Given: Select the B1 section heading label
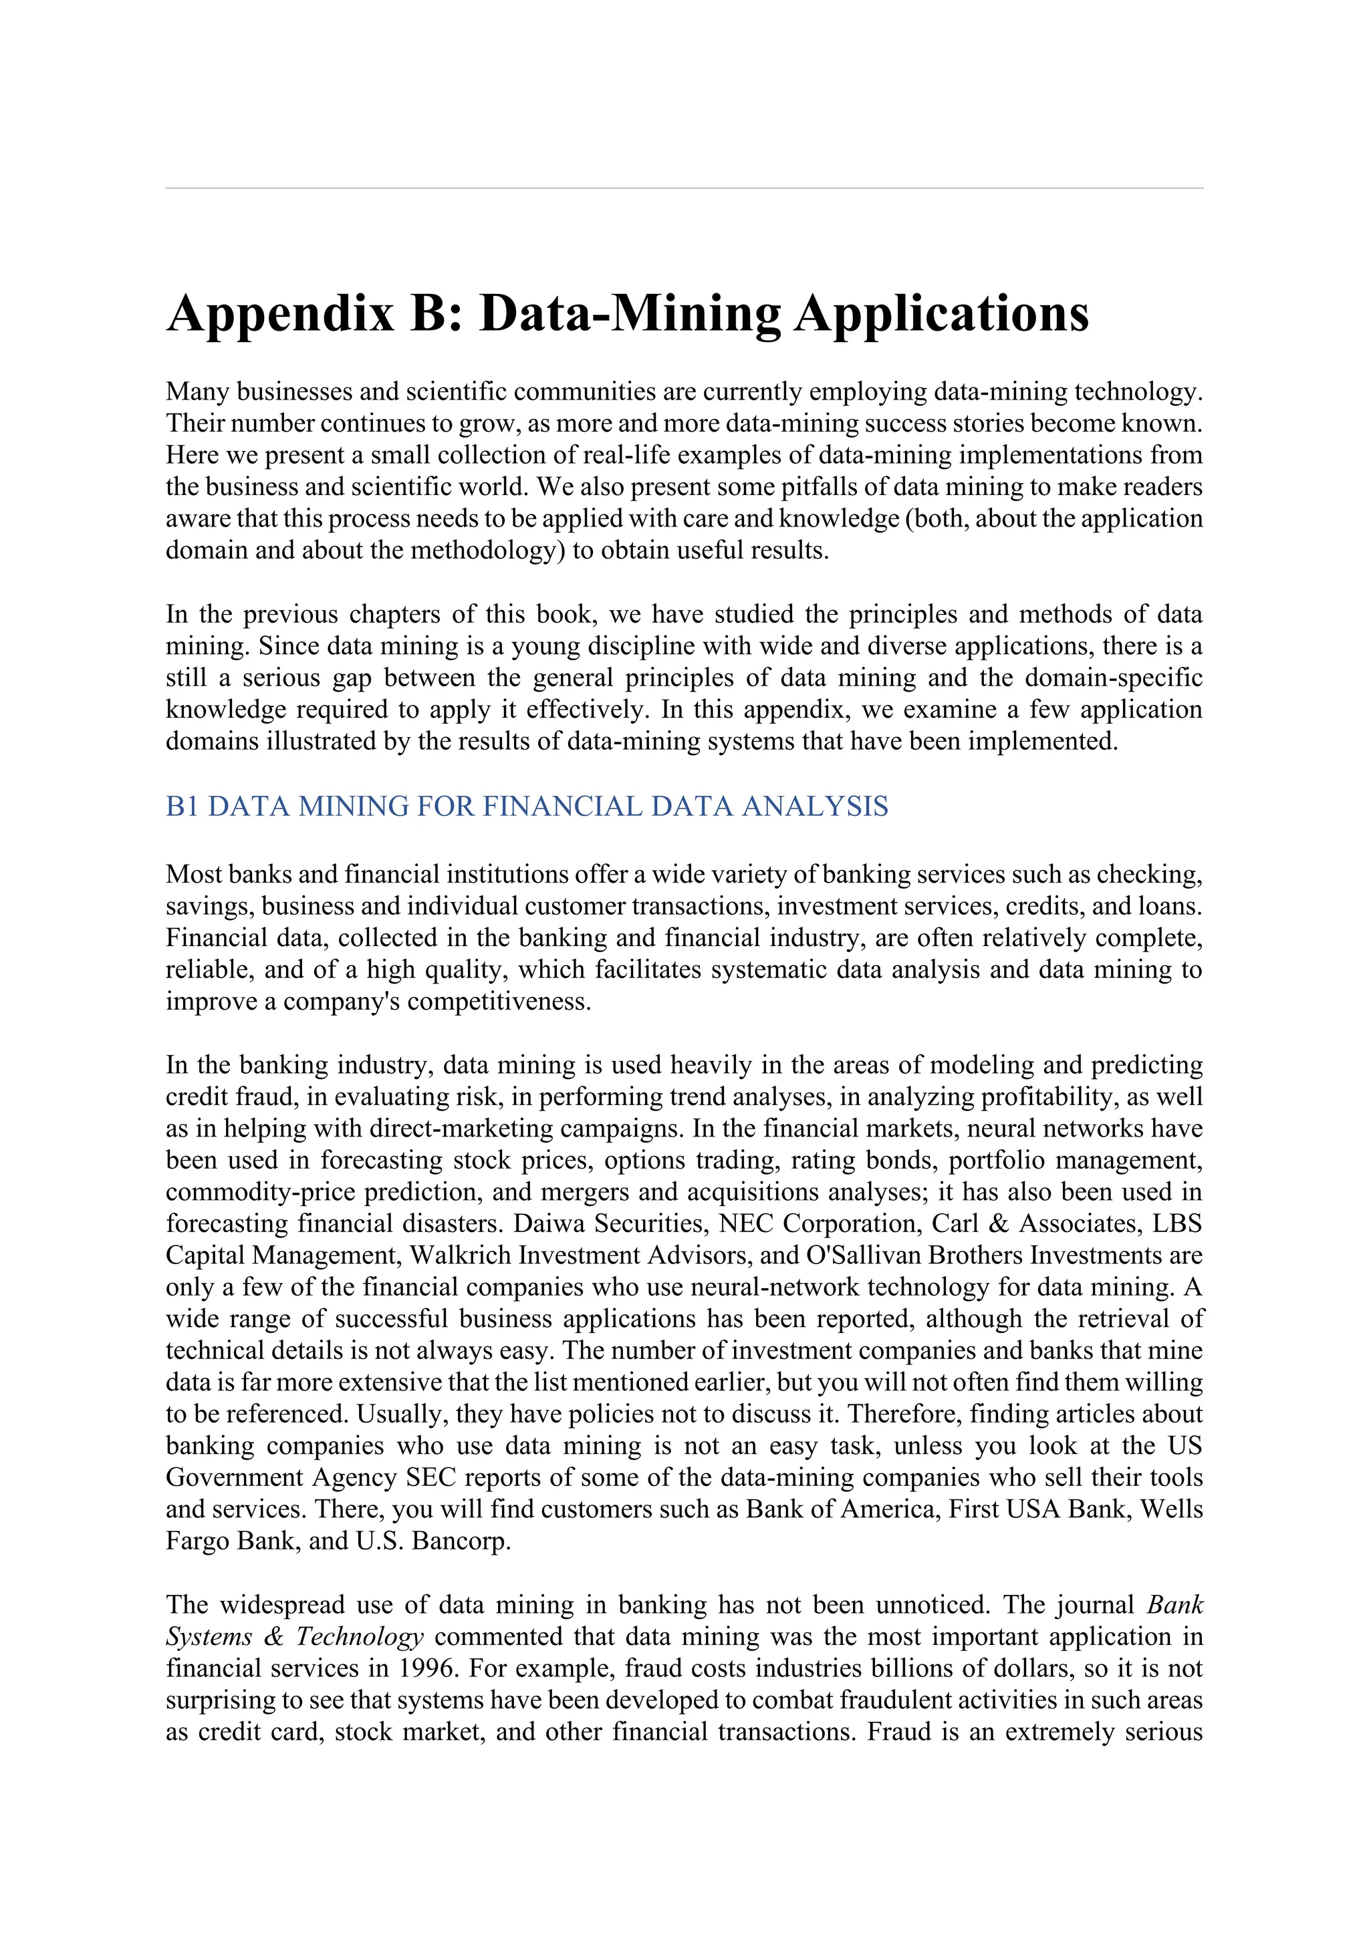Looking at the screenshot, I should [183, 806].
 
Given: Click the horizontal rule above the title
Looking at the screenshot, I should [684, 188].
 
